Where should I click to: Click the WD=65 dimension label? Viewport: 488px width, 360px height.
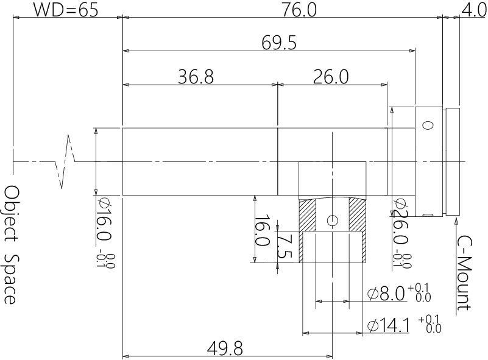[65, 10]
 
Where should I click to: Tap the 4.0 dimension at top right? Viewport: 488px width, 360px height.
[473, 10]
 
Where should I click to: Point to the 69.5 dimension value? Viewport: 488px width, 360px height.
[278, 43]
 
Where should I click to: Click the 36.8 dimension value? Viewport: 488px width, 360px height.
[196, 77]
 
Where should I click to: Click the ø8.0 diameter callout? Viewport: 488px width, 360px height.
[387, 294]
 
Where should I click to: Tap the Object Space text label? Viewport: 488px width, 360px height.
[11, 244]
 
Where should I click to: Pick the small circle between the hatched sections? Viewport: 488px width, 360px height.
[331, 220]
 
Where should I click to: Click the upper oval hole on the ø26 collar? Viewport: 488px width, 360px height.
[428, 125]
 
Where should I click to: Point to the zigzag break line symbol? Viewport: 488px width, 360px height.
[66, 161]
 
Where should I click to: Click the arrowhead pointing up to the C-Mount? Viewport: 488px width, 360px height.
[453, 221]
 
